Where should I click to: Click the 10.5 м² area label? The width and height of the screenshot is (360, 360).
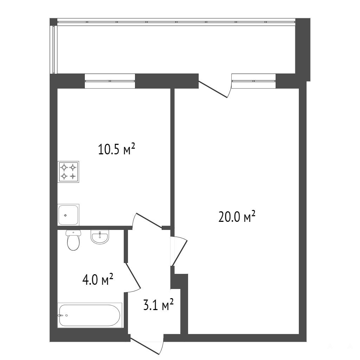pyautogui.click(x=116, y=149)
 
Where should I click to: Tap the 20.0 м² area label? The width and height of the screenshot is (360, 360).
pyautogui.click(x=237, y=217)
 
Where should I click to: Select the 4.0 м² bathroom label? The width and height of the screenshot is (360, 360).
pyautogui.click(x=98, y=279)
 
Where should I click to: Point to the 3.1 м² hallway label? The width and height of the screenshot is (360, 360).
pyautogui.click(x=158, y=305)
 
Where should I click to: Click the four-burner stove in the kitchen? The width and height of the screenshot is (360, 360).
pyautogui.click(x=69, y=172)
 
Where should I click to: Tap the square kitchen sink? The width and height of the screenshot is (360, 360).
pyautogui.click(x=69, y=214)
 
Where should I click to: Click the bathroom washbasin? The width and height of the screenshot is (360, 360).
pyautogui.click(x=100, y=237)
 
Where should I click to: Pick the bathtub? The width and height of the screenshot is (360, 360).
pyautogui.click(x=90, y=315)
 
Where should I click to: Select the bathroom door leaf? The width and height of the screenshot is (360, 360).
pyautogui.click(x=133, y=276)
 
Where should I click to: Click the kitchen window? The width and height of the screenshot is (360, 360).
pyautogui.click(x=110, y=81)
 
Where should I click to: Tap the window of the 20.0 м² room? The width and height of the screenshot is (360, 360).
pyautogui.click(x=253, y=81)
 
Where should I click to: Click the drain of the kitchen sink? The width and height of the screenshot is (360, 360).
pyautogui.click(x=65, y=215)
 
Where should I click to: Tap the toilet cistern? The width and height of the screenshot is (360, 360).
pyautogui.click(x=73, y=233)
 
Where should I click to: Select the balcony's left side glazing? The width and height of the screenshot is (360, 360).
pyautogui.click(x=53, y=49)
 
